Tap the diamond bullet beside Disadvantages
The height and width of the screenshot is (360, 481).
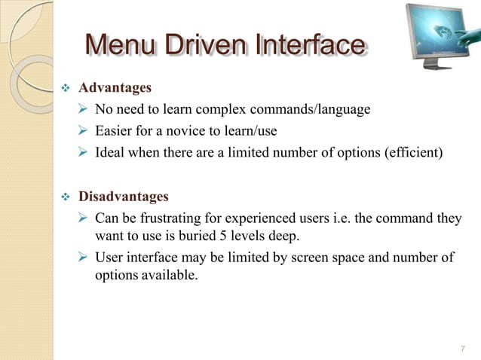[x=64, y=198]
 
